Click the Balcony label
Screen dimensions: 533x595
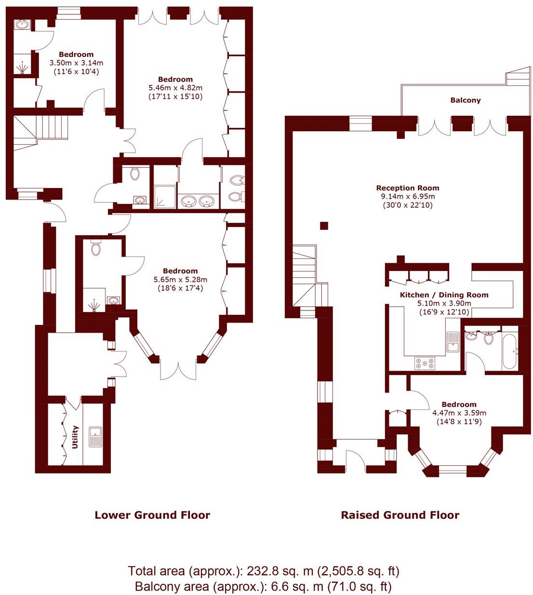coord(466,100)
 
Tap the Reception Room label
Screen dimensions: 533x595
coord(408,188)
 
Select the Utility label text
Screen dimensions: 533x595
coord(75,437)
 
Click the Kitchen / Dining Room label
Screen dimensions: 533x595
coord(444,295)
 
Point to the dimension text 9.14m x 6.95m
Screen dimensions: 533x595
coord(408,196)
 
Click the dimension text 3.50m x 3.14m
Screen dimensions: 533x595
coord(76,63)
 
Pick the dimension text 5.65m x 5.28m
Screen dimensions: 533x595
coord(181,280)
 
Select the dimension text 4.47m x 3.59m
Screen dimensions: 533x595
coord(459,413)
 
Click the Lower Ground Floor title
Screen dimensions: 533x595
coord(152,515)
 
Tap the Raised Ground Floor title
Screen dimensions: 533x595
coord(400,515)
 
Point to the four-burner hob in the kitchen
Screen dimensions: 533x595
coord(425,363)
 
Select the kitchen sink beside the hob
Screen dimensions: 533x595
coord(453,341)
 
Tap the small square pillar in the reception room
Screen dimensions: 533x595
coord(324,226)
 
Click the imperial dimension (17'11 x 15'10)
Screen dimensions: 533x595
coord(175,96)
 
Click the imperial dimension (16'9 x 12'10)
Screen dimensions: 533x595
coord(444,311)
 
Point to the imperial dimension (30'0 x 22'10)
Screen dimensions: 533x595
coord(408,205)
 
